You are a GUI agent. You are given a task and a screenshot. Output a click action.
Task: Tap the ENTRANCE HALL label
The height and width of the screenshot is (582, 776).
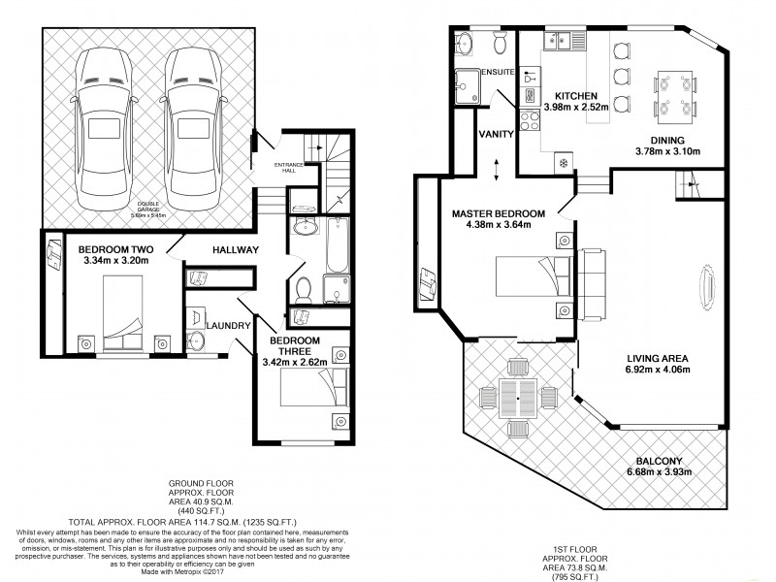coord(289,167)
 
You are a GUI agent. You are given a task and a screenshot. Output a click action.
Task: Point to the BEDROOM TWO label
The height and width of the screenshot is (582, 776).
coord(115,248)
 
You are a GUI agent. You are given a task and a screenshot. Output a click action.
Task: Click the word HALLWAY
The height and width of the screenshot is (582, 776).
coord(236,249)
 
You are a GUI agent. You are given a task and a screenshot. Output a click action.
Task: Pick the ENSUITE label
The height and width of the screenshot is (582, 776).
coord(500,72)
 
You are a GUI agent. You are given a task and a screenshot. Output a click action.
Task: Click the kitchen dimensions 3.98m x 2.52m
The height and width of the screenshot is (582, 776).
coord(582,107)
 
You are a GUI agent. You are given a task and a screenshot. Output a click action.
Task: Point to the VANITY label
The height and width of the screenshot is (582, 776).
coord(497,134)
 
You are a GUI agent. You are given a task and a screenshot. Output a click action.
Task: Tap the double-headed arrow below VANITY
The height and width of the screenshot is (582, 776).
coord(497,168)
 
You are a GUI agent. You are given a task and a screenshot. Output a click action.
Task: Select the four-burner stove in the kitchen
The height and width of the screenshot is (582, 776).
coord(530,121)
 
